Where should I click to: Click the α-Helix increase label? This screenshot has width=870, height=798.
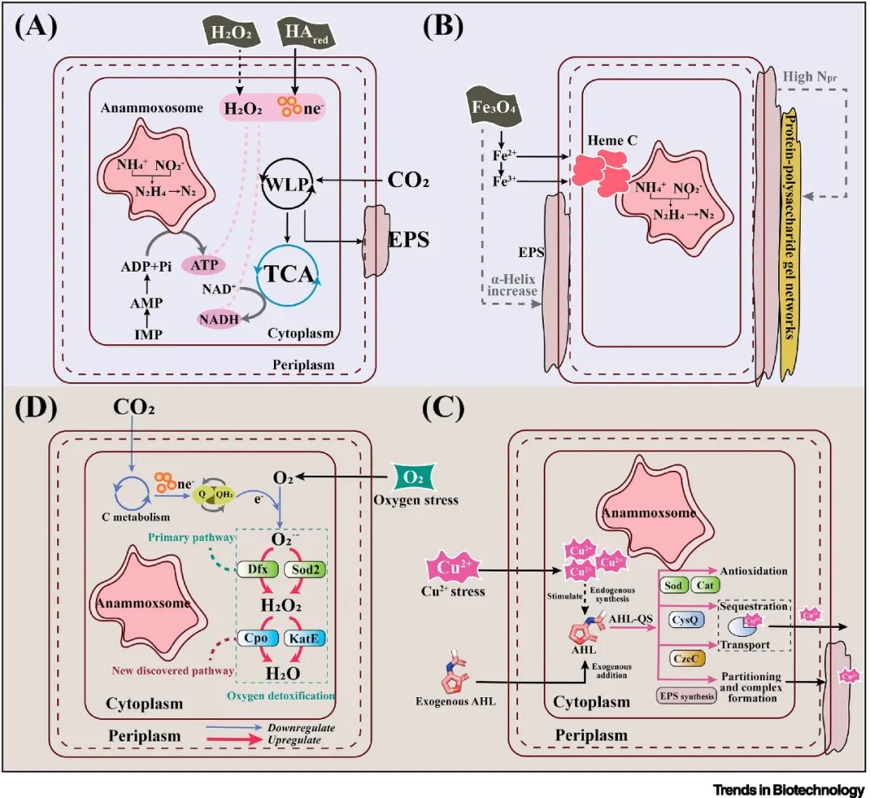pos(512,285)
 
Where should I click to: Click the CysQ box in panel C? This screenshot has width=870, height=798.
pos(684,619)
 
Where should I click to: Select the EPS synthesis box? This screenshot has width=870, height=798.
pos(686,694)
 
